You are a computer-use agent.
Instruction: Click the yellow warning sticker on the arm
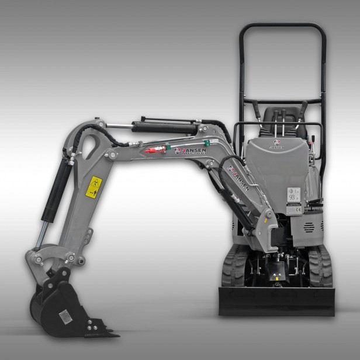click(94, 187)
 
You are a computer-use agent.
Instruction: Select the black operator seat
click(277, 120)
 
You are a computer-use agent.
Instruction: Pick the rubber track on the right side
click(321, 266)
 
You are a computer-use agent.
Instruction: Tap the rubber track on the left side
click(233, 266)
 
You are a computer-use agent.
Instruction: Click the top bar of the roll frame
click(282, 26)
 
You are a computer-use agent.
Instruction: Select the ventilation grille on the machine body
click(315, 224)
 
